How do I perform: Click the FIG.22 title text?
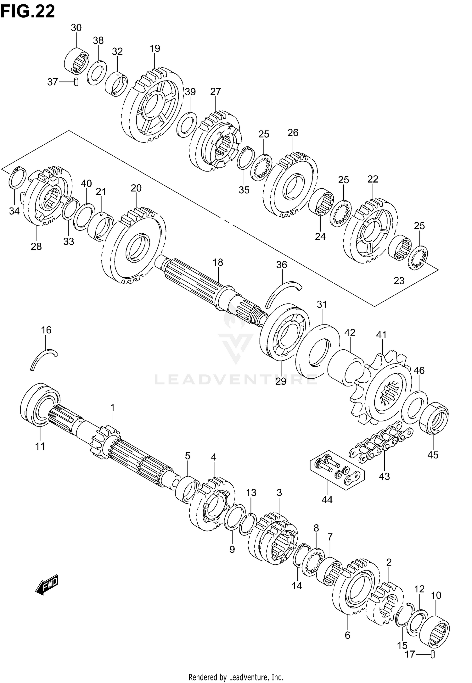coord(28,11)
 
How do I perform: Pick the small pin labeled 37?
coord(76,82)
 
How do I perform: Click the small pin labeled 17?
coord(433,654)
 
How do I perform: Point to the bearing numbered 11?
coord(40,404)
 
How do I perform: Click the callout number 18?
coord(218,262)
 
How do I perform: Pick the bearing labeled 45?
coord(434,418)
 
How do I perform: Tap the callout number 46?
coord(419,370)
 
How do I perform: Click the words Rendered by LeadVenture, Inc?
coord(236,675)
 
